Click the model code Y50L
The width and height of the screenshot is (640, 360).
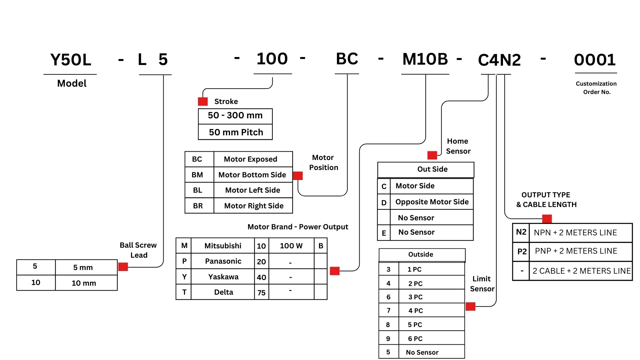pyautogui.click(x=71, y=60)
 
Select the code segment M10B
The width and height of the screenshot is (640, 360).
pyautogui.click(x=425, y=59)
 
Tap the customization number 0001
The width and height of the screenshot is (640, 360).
pyautogui.click(x=595, y=60)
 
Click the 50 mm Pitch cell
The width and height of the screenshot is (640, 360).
pyautogui.click(x=236, y=132)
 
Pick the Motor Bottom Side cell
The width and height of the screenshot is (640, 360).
pyautogui.click(x=252, y=175)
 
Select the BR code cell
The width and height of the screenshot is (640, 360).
pyautogui.click(x=198, y=206)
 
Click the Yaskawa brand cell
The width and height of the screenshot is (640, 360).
pyautogui.click(x=223, y=277)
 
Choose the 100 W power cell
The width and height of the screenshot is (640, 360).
pyautogui.click(x=291, y=246)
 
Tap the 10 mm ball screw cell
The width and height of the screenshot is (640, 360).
pyautogui.click(x=84, y=283)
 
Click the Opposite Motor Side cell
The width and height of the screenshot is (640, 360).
pyautogui.click(x=432, y=202)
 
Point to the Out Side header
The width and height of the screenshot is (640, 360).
pyautogui.click(x=432, y=169)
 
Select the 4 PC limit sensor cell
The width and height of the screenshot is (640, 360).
pyautogui.click(x=416, y=311)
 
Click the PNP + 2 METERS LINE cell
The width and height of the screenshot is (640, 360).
pyautogui.click(x=576, y=251)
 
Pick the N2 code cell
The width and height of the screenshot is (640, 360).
pyautogui.click(x=521, y=232)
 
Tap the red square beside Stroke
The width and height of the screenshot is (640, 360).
pyautogui.click(x=203, y=101)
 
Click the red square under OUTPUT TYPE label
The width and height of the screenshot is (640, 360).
pyautogui.click(x=547, y=219)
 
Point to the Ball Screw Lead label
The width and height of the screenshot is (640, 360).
pyautogui.click(x=138, y=250)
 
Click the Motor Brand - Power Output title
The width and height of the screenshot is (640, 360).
pyautogui.click(x=298, y=227)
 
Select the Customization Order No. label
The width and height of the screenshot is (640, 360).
pyautogui.click(x=596, y=88)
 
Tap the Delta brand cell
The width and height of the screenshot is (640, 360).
pyautogui.click(x=223, y=292)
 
